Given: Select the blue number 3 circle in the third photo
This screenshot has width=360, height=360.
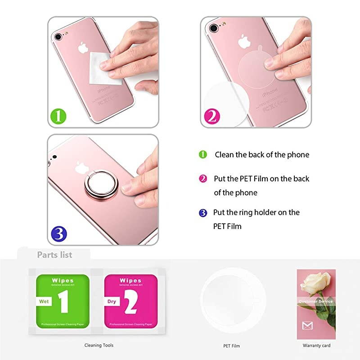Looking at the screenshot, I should (59, 233).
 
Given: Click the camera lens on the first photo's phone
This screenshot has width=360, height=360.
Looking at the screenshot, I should (59, 34).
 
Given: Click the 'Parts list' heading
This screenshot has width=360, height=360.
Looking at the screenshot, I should (54, 255).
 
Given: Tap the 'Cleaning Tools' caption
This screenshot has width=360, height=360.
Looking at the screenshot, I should (99, 345).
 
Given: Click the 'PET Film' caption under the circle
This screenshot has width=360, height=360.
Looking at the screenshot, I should (232, 346).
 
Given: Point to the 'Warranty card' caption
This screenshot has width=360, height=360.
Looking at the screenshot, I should (316, 346).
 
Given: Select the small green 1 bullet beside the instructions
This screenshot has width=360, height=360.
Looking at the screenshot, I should (203, 155).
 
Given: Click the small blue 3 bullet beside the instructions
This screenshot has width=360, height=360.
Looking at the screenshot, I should (203, 212).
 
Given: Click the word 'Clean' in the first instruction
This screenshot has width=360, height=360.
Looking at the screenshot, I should (225, 155).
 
